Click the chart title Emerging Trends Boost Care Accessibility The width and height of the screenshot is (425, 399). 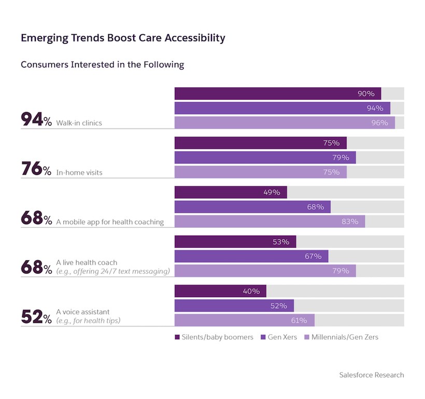point(123,38)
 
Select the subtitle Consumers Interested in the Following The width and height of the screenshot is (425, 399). point(102,65)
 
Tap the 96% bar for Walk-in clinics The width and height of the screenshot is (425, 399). point(285,122)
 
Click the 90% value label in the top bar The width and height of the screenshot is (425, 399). point(366,93)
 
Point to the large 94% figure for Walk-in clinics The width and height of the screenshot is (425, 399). point(36,120)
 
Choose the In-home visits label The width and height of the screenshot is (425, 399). point(79,172)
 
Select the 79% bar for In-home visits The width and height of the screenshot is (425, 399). point(265,157)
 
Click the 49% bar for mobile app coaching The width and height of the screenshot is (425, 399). point(231,192)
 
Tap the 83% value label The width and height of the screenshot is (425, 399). point(350,222)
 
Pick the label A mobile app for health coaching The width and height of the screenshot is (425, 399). point(110,222)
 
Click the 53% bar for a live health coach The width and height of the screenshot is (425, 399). point(235,242)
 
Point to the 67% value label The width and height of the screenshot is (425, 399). point(313,256)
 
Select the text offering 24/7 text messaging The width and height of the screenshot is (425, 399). point(113,271)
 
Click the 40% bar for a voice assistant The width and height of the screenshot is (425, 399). point(220,291)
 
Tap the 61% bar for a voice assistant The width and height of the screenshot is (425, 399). point(244,320)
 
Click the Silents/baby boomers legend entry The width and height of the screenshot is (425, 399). point(214,337)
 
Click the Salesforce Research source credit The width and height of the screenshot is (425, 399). point(371,375)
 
